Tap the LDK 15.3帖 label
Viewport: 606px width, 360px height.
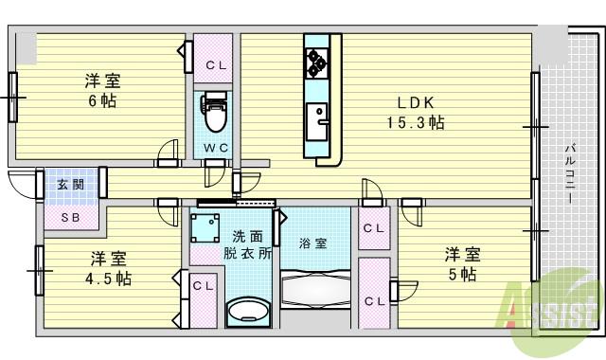click(415, 112)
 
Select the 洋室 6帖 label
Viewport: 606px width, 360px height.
click(102, 90)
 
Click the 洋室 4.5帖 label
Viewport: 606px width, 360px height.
click(110, 268)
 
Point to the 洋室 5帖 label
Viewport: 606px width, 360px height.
click(463, 263)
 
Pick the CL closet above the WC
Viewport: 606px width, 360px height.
click(214, 64)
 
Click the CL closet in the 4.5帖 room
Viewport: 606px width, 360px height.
click(202, 285)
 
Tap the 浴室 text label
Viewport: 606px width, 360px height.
click(312, 243)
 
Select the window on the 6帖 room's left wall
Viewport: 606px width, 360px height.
click(13, 97)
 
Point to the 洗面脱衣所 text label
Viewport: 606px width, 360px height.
click(246, 245)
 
